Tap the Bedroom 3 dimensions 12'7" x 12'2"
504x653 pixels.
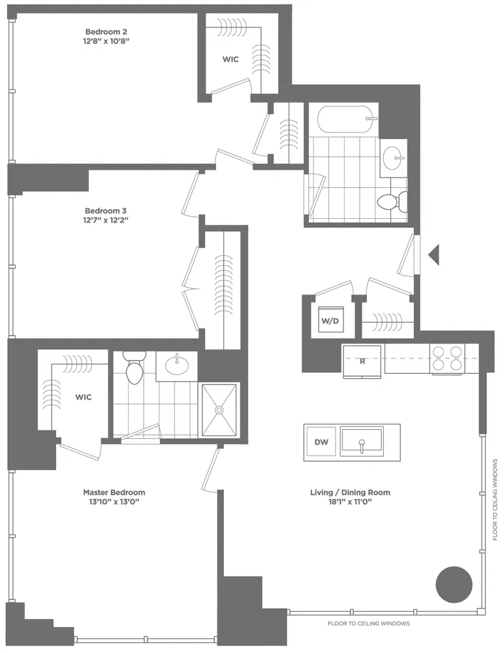tap(106, 221)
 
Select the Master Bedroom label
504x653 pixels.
tap(114, 492)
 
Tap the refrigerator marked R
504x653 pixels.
tap(363, 360)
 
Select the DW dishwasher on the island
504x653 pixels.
tap(321, 443)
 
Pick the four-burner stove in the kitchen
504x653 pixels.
tap(447, 358)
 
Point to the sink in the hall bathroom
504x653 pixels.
tap(393, 157)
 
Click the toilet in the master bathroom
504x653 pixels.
tap(134, 370)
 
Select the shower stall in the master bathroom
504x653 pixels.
tap(220, 409)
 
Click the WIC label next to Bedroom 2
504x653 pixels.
tap(230, 59)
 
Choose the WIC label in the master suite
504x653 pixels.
tap(83, 396)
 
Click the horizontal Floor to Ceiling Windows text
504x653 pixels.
tap(368, 624)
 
